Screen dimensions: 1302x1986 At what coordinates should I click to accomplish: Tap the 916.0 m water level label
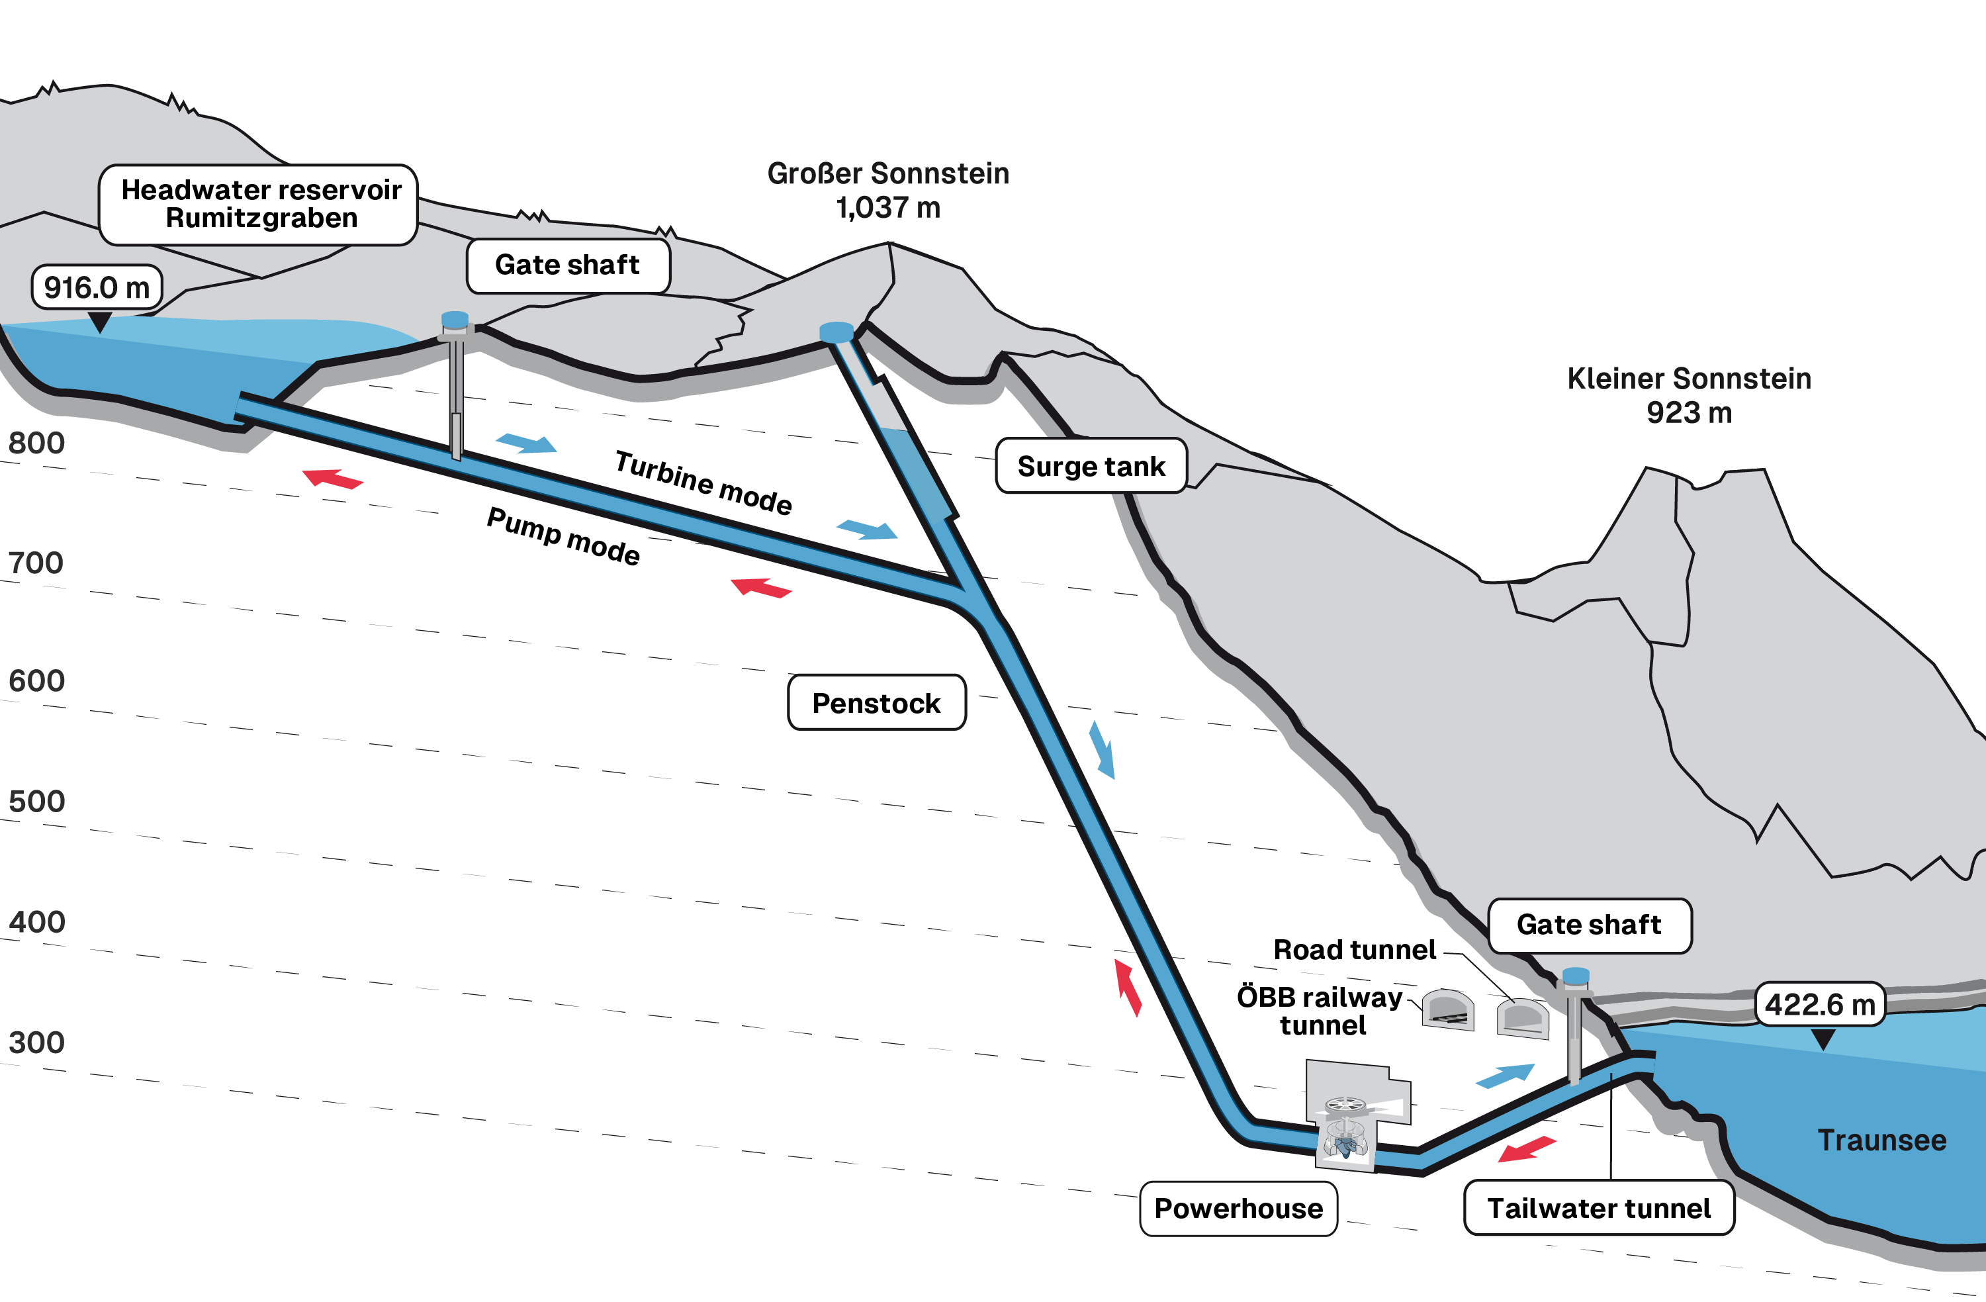97,288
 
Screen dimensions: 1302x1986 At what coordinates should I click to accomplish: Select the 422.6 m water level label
1819,1004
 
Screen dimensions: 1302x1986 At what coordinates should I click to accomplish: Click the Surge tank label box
1091,466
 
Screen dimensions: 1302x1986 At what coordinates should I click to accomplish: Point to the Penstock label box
876,703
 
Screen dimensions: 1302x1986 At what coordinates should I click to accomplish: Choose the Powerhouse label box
1238,1208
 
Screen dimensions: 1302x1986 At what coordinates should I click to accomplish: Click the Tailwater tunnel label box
1599,1208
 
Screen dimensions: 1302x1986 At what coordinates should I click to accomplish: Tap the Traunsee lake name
1881,1140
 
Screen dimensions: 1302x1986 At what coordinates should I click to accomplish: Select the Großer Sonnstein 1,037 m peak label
888,190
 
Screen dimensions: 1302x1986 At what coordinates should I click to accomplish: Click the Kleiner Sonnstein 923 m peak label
1689,396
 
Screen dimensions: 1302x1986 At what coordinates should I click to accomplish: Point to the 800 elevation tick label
36,443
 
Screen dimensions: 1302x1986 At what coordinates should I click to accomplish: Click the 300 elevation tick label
36,1043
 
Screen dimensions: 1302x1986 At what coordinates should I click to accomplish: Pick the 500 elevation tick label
36,801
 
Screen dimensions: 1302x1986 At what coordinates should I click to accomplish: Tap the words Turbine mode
703,483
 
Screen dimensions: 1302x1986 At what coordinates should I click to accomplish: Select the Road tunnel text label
1354,950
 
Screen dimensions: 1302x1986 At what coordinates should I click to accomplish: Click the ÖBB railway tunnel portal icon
1448,1010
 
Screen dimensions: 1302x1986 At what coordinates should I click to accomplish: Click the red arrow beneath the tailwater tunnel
1526,1149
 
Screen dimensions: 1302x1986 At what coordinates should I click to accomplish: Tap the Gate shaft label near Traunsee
1589,925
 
